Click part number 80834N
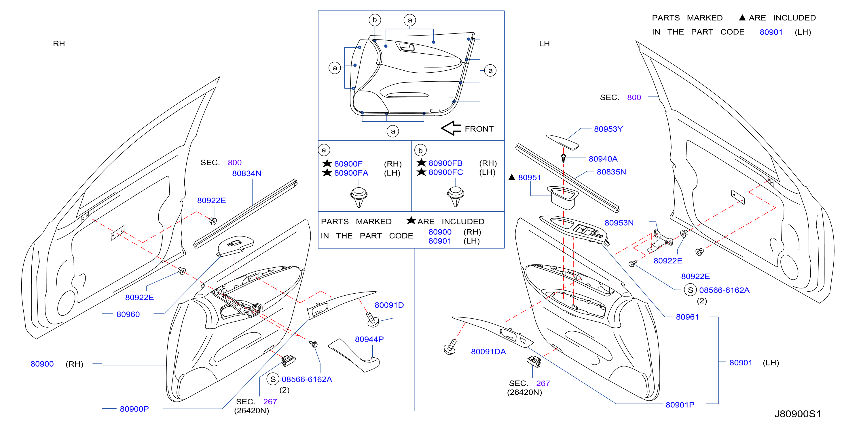click(x=246, y=173)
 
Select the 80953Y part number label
click(x=608, y=129)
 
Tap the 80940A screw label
click(x=603, y=159)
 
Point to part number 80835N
click(x=611, y=172)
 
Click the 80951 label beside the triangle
click(x=529, y=178)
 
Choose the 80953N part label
click(x=619, y=223)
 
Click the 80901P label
click(x=680, y=405)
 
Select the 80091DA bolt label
click(x=488, y=352)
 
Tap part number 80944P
click(x=369, y=339)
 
